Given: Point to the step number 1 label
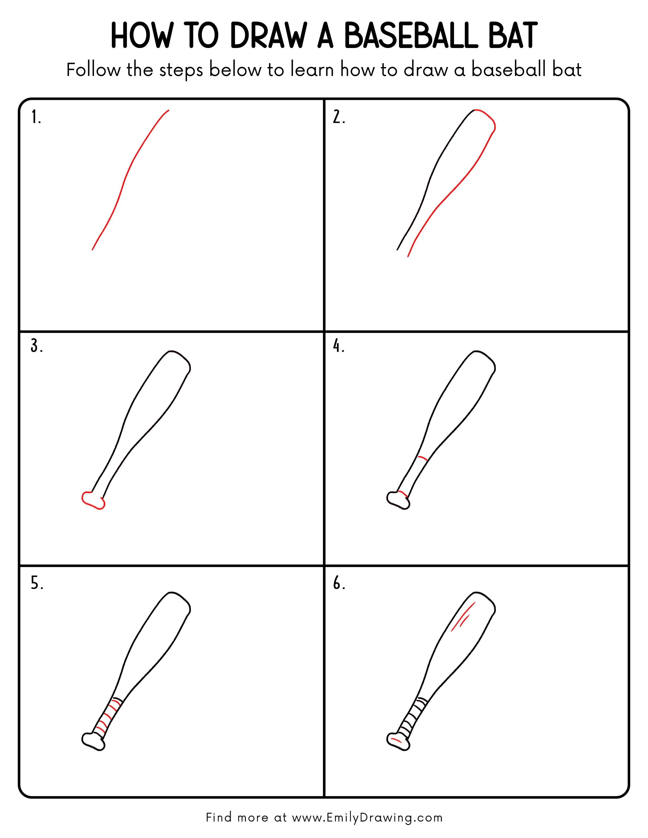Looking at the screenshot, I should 36,117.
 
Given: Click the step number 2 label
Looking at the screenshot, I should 338,117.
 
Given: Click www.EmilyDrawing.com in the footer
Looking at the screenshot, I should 367,818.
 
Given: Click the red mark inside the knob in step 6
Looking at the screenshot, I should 395,740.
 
